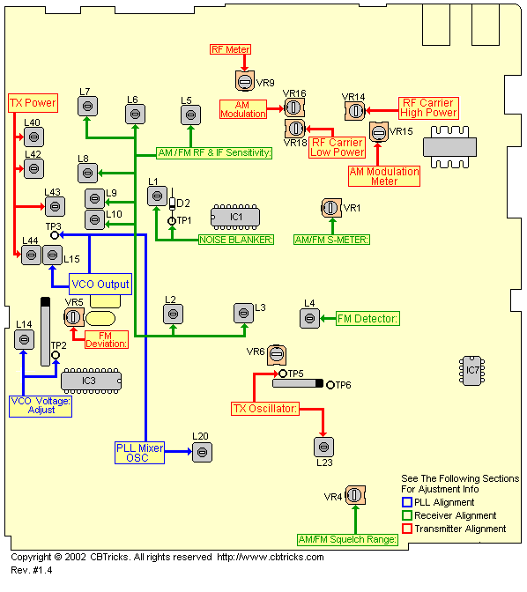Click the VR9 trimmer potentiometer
pos(245,81)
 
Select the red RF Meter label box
pos(230,49)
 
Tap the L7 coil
pos(87,106)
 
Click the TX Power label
pos(33,103)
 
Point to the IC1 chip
pos(235,217)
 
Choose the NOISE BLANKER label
pos(236,240)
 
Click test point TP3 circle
pos(55,235)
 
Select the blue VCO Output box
pos(100,284)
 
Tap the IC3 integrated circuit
pos(92,381)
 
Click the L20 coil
pos(202,452)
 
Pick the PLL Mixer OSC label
pos(140,453)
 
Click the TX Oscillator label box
pos(265,409)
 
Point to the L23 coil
pos(323,447)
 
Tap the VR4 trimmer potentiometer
pos(355,495)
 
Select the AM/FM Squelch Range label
pos(347,539)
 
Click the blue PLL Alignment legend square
pos(407,502)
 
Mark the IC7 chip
pos(471,370)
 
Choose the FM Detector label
pos(367,319)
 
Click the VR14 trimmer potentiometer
pos(355,111)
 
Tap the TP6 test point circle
pos(330,385)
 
